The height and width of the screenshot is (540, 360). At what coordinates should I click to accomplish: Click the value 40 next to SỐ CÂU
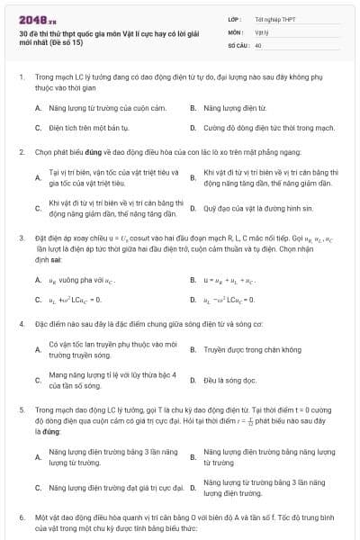click(x=258, y=44)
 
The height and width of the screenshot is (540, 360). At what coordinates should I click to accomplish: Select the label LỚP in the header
click(x=237, y=18)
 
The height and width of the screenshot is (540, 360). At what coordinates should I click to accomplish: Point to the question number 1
click(x=21, y=77)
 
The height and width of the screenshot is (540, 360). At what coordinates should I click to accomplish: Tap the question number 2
click(x=21, y=153)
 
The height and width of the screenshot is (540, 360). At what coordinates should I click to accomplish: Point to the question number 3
click(x=21, y=238)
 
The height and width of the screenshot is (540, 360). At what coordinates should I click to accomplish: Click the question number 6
click(x=21, y=519)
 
